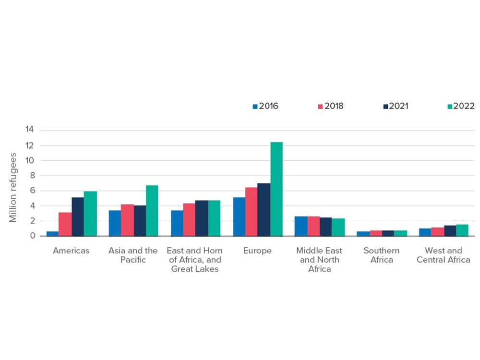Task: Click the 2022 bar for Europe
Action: pyautogui.click(x=276, y=189)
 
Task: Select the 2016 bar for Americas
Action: pyautogui.click(x=52, y=233)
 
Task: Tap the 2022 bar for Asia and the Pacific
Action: pyautogui.click(x=152, y=211)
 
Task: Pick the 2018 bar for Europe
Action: pyautogui.click(x=252, y=212)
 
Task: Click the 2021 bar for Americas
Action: pyautogui.click(x=78, y=216)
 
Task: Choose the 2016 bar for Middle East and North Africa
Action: pyautogui.click(x=301, y=226)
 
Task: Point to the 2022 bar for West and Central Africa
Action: pyautogui.click(x=462, y=230)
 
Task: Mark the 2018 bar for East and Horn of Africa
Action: pyautogui.click(x=189, y=219)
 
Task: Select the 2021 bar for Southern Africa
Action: pyautogui.click(x=388, y=233)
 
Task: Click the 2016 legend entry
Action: pyautogui.click(x=265, y=106)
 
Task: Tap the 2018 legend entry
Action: pyautogui.click(x=331, y=106)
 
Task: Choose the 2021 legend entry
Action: pyautogui.click(x=396, y=106)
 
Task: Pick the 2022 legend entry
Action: pyautogui.click(x=461, y=106)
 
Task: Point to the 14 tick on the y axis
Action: pyautogui.click(x=30, y=130)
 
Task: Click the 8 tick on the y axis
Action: pyautogui.click(x=32, y=176)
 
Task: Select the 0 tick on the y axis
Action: pyautogui.click(x=32, y=236)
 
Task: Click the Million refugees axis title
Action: pyautogui.click(x=13, y=188)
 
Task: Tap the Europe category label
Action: pyautogui.click(x=258, y=251)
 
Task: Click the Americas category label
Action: pyautogui.click(x=71, y=251)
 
